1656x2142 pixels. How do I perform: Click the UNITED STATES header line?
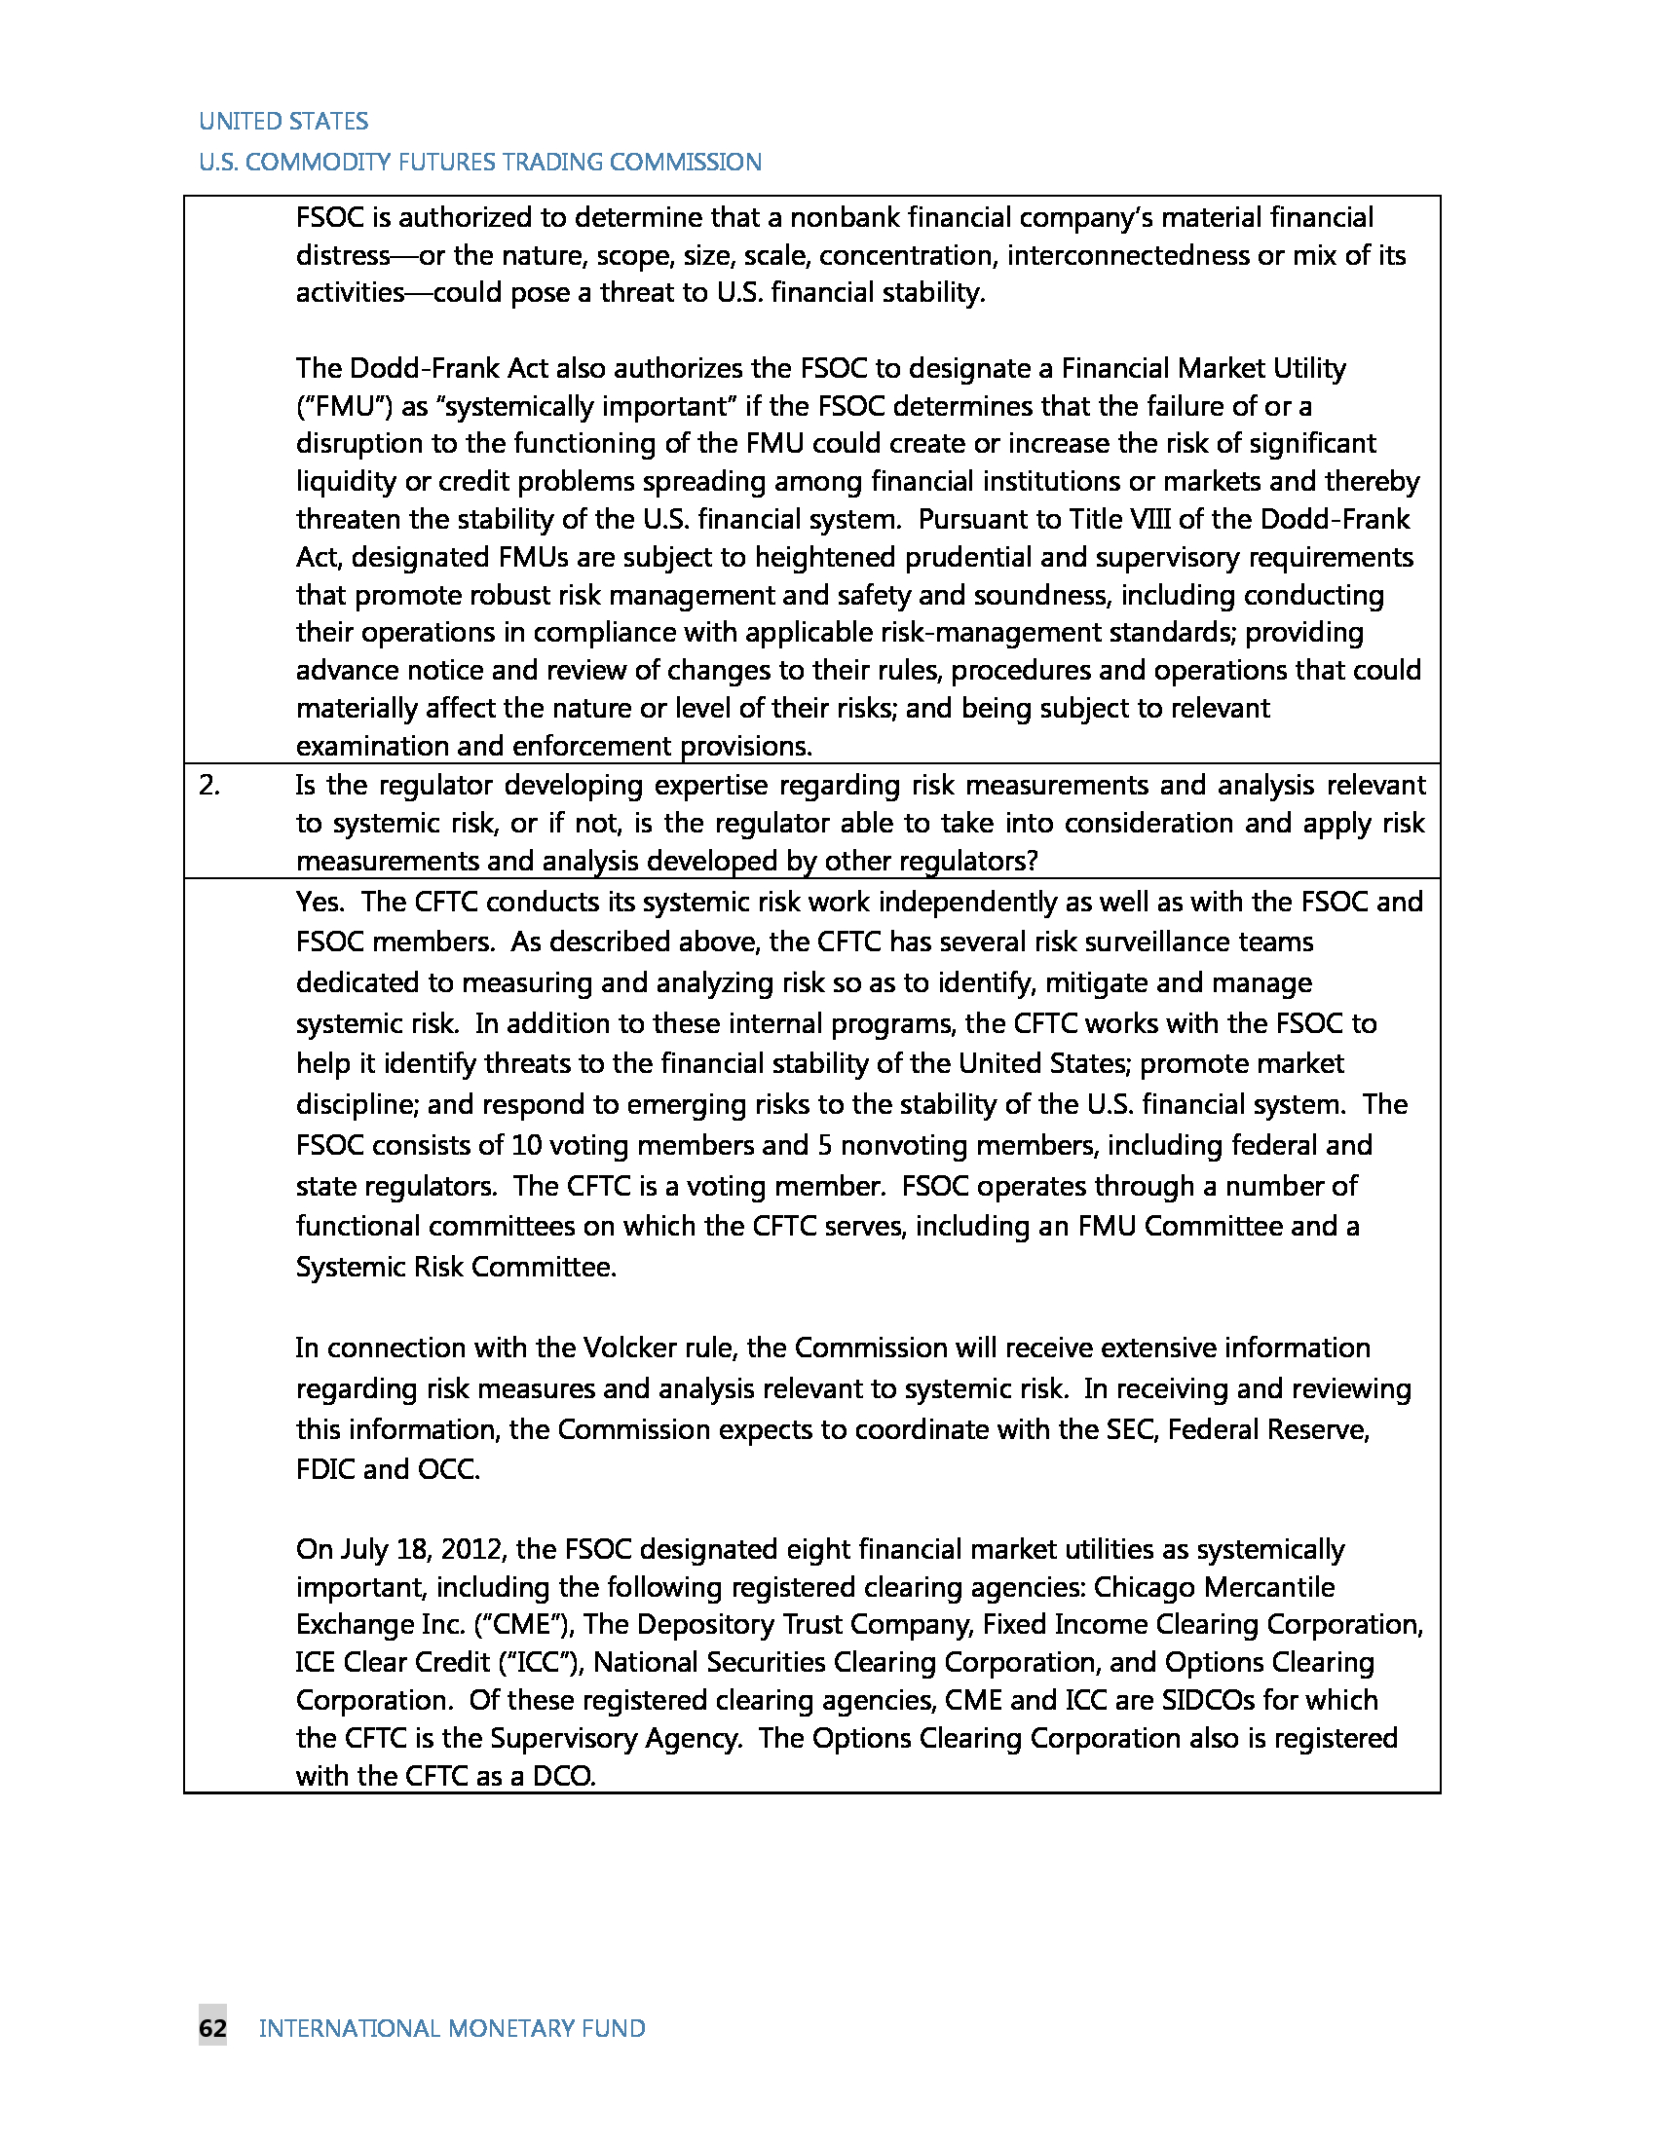[282, 121]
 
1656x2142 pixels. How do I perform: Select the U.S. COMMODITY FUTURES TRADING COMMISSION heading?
[479, 162]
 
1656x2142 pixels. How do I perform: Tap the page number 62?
[213, 2028]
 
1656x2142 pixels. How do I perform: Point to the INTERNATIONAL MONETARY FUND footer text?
[451, 2028]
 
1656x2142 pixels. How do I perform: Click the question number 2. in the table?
[209, 785]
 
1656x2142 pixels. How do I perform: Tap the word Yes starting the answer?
[318, 902]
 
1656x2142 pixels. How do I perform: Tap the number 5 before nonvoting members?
[822, 1145]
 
